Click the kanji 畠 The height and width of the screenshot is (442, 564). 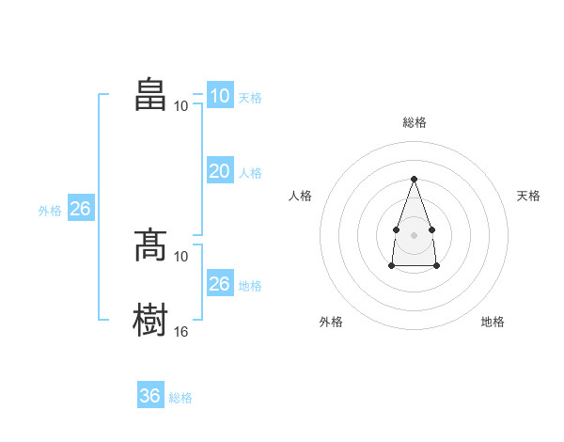click(x=150, y=94)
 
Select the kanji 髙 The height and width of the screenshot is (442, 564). click(x=150, y=245)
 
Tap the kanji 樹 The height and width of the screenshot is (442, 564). click(x=150, y=320)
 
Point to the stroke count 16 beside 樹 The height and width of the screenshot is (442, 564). click(x=180, y=331)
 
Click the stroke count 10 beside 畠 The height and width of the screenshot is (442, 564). click(x=180, y=106)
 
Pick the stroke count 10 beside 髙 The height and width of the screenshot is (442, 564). click(x=180, y=257)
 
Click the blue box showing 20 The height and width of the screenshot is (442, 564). click(x=221, y=170)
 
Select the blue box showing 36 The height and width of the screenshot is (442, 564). click(x=150, y=394)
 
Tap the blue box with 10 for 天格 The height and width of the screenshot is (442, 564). click(x=221, y=95)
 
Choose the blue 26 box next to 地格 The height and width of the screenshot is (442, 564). click(x=221, y=282)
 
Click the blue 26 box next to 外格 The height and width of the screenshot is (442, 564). click(x=81, y=207)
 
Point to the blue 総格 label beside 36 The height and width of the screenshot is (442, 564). click(x=180, y=398)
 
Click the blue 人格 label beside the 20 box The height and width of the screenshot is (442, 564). click(x=250, y=173)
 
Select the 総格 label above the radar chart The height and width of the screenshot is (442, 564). click(x=415, y=122)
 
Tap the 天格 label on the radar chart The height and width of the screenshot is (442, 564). click(x=528, y=196)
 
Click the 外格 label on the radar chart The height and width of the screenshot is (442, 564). click(x=331, y=322)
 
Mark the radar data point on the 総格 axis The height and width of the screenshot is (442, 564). click(x=414, y=179)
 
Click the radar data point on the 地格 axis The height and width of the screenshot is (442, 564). click(x=436, y=266)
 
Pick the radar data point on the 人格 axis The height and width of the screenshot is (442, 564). click(x=396, y=229)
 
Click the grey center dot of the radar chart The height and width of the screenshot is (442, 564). click(x=414, y=235)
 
